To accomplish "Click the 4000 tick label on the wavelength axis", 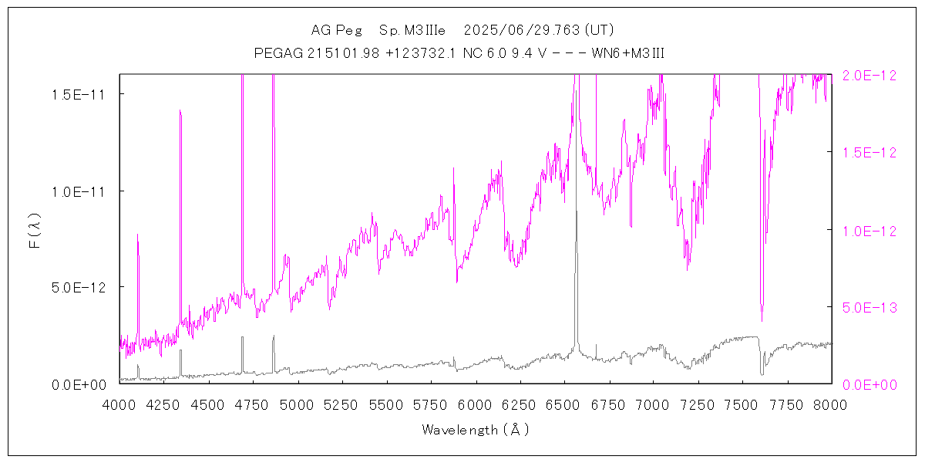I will pyautogui.click(x=119, y=404).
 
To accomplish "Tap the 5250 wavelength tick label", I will pyautogui.click(x=342, y=404).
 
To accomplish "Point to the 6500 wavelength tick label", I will pyautogui.click(x=565, y=404).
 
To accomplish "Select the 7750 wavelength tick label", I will pyautogui.click(x=787, y=404).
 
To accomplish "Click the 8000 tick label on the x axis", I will pyautogui.click(x=831, y=404).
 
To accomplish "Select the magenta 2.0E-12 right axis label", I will pyautogui.click(x=869, y=75).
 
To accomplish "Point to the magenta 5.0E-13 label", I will pyautogui.click(x=869, y=306).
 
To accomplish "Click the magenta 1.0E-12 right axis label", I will pyautogui.click(x=869, y=230).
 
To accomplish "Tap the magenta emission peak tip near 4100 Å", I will pyautogui.click(x=138, y=235).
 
